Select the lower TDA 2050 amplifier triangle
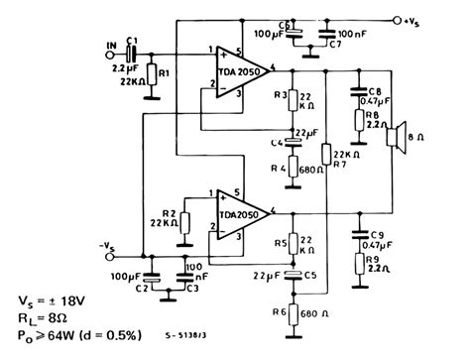(238, 213)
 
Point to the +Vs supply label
(437, 18)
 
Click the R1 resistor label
(166, 73)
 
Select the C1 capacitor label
(133, 39)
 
